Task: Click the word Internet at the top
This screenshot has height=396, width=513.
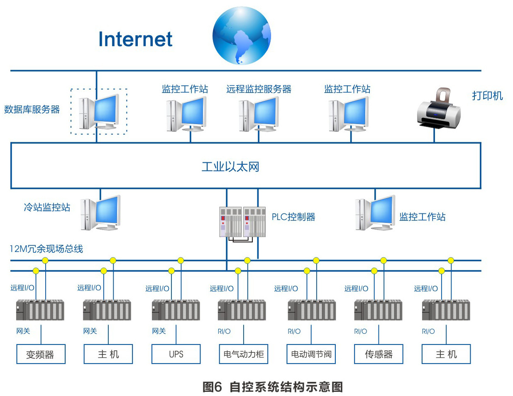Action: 135,39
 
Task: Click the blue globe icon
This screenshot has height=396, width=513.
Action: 242,36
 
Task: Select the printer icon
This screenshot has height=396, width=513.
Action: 439,109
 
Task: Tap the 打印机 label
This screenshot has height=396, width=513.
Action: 487,96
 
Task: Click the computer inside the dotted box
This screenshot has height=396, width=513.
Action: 99,111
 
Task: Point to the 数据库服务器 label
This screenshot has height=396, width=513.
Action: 32,110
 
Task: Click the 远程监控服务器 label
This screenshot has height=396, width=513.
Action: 259,89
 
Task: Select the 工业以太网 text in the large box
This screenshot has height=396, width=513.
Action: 230,167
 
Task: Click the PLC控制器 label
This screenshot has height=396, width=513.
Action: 293,217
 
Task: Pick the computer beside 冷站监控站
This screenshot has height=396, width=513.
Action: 100,213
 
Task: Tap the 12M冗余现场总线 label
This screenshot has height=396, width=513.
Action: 46,249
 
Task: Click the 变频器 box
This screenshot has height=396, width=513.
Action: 41,354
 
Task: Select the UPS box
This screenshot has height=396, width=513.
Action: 176,354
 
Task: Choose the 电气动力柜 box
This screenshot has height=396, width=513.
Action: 244,354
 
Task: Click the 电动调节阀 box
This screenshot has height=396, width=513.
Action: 311,354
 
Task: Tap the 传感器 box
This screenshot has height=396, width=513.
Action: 379,354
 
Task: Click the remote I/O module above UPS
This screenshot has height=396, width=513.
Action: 176,310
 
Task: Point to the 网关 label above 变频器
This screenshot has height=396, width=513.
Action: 23,331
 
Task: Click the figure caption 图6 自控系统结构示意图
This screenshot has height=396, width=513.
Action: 272,387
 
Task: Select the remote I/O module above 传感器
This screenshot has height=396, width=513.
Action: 378,310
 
